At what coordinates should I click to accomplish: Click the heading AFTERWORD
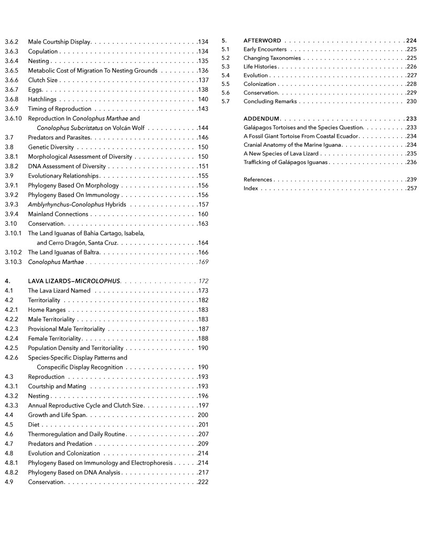point(262,40)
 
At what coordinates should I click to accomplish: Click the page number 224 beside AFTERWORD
point(411,40)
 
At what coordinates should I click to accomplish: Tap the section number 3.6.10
point(13,118)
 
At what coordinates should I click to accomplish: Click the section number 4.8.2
point(12,473)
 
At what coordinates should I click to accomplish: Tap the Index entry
point(251,189)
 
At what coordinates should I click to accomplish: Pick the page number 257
point(411,189)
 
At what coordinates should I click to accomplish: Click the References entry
point(258,180)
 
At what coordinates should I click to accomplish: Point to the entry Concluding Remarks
point(270,102)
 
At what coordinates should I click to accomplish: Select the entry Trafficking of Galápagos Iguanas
point(286,162)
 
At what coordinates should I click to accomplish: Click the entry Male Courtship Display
point(59,41)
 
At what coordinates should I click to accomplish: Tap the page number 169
point(203,262)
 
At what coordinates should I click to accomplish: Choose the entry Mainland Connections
point(58,214)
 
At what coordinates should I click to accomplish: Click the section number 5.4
point(226,75)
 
